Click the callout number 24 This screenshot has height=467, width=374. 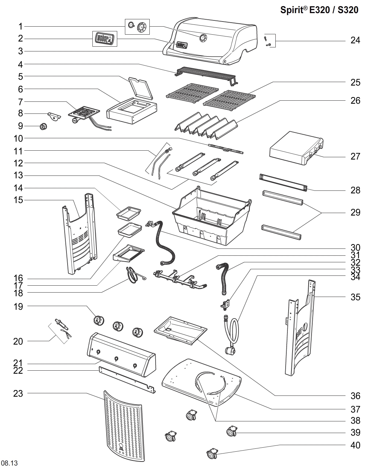[355, 40]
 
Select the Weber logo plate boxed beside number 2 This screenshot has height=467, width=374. [104, 38]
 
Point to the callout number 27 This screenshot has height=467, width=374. [355, 157]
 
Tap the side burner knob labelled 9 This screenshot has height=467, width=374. [43, 127]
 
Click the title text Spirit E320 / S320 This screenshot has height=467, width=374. [319, 10]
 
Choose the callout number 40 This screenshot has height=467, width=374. [355, 445]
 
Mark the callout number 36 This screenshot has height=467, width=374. [355, 396]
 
